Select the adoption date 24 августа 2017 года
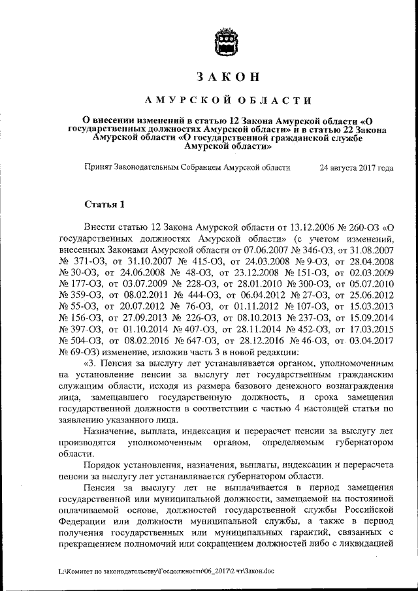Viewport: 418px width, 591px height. point(356,168)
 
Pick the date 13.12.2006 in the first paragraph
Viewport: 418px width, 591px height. point(289,228)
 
